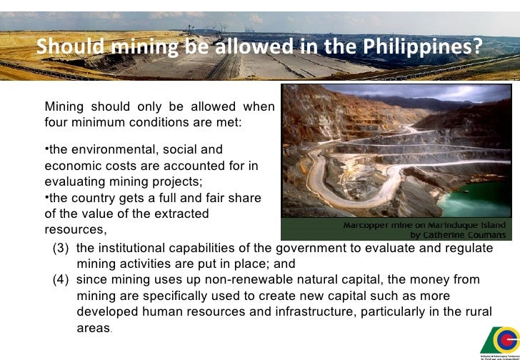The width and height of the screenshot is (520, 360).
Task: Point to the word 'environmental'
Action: coord(106,150)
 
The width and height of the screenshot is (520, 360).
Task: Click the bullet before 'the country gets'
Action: coord(46,196)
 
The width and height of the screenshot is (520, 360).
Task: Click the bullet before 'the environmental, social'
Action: coord(46,149)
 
